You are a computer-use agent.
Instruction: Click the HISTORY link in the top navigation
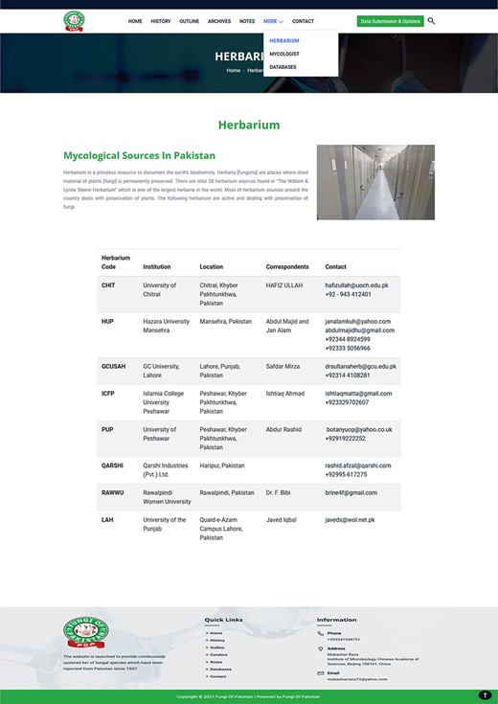click(x=161, y=21)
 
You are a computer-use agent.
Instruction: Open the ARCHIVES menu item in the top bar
click(x=219, y=21)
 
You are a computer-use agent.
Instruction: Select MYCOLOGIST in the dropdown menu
click(x=283, y=55)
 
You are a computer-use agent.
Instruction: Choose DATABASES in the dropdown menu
click(x=283, y=67)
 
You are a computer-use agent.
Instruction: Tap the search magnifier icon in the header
click(x=431, y=20)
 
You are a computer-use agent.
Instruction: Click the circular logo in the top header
click(x=74, y=21)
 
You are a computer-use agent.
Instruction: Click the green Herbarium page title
click(x=249, y=125)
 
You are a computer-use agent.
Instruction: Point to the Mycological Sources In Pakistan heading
click(x=139, y=155)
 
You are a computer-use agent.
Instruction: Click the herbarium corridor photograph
click(x=375, y=182)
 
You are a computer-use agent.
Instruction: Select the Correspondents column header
click(x=287, y=267)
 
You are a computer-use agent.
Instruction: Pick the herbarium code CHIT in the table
click(x=108, y=285)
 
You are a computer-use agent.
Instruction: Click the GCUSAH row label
click(x=113, y=366)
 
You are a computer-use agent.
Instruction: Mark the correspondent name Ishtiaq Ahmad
click(x=285, y=394)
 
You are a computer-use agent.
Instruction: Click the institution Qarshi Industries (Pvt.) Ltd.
click(x=165, y=469)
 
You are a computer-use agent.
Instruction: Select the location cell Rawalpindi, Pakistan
click(x=227, y=492)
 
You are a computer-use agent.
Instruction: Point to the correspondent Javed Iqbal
click(x=281, y=520)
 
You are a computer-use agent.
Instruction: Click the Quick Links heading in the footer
click(x=223, y=620)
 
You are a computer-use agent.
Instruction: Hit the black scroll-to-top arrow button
click(x=485, y=695)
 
